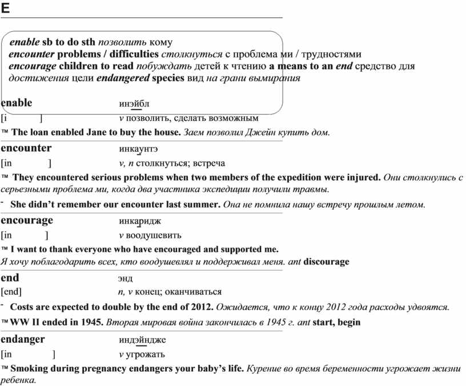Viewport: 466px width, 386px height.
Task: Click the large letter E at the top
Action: pos(5,8)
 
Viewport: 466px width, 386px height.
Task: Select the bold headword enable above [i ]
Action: pos(17,103)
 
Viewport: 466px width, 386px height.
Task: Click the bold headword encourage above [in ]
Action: pos(27,220)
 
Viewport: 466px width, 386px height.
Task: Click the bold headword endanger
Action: pos(23,339)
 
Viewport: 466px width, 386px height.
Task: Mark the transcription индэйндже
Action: pos(142,340)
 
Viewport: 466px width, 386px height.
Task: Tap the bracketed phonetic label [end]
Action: pos(11,292)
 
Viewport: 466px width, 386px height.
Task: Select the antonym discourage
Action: pos(326,262)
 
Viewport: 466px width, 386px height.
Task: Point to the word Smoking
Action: pos(29,368)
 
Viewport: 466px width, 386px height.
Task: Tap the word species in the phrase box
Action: pos(168,78)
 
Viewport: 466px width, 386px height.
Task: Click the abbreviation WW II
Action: pos(22,322)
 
